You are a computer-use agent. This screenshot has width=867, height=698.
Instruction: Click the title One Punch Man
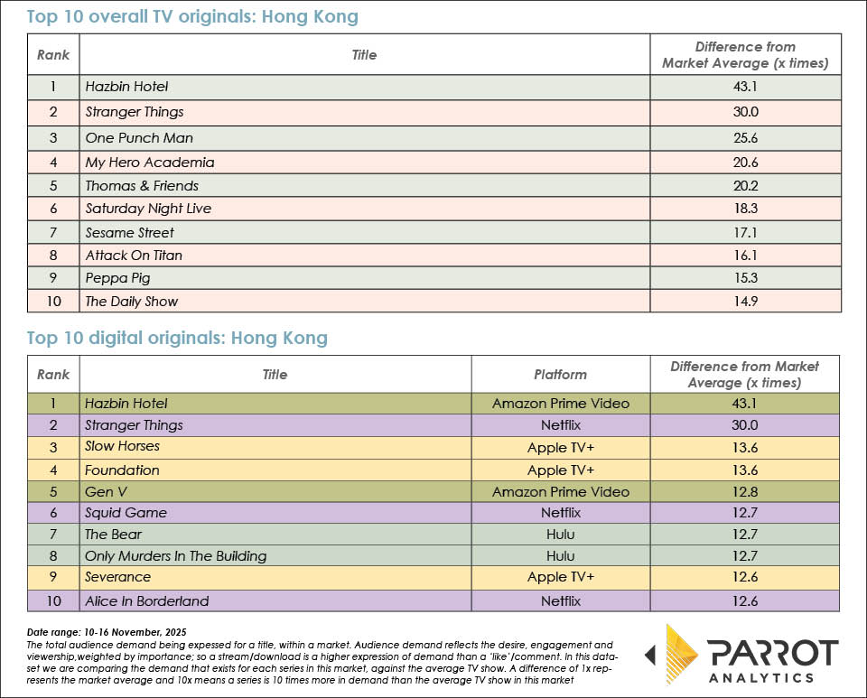pos(138,138)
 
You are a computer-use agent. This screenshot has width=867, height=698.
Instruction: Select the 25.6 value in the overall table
pos(745,138)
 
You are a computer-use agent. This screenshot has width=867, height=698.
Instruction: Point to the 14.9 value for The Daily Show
pos(745,302)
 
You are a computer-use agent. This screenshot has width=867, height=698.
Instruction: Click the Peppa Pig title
pos(118,278)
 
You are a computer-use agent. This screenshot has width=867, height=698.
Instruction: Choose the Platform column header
pos(560,374)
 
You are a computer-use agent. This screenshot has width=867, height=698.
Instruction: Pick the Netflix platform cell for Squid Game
pos(560,513)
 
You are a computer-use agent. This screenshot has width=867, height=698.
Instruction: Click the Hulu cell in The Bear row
pos(560,535)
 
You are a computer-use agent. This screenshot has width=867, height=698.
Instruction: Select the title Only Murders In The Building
pos(175,556)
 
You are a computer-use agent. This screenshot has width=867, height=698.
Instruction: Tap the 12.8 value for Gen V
pos(745,492)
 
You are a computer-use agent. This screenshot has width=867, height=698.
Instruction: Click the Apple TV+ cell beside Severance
pos(560,577)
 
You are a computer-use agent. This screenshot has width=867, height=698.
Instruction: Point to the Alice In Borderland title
pos(146,601)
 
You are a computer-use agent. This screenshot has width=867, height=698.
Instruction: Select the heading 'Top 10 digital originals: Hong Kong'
pos(177,339)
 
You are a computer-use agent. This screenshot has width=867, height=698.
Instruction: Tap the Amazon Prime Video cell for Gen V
pos(560,492)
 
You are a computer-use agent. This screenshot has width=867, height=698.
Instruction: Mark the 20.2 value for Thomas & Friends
pos(745,186)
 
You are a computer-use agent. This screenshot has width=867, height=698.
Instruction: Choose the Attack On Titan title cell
pos(133,256)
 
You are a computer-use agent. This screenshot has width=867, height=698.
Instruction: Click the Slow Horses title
pos(122,446)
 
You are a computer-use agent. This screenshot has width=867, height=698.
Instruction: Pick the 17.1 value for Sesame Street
pos(745,232)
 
